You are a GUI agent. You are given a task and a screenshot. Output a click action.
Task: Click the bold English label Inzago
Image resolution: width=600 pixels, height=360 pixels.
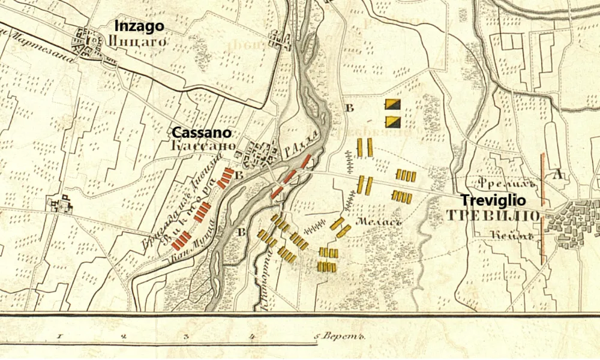139,26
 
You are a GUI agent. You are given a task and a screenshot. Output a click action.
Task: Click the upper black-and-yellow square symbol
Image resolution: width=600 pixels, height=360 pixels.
392,104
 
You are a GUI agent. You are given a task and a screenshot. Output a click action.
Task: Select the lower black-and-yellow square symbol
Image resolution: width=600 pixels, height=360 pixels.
392,122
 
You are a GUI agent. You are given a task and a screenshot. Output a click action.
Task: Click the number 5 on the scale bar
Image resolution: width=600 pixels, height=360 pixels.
316,337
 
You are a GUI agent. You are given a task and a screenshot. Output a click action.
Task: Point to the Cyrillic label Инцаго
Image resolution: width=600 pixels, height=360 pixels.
137,40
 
